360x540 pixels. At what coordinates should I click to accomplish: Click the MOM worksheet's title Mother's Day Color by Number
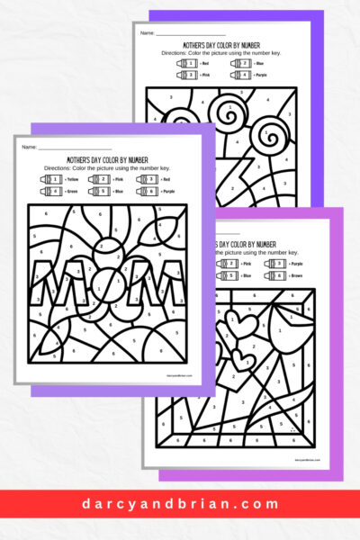click(107, 157)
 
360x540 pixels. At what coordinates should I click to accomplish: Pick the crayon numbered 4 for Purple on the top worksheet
click(243, 75)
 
